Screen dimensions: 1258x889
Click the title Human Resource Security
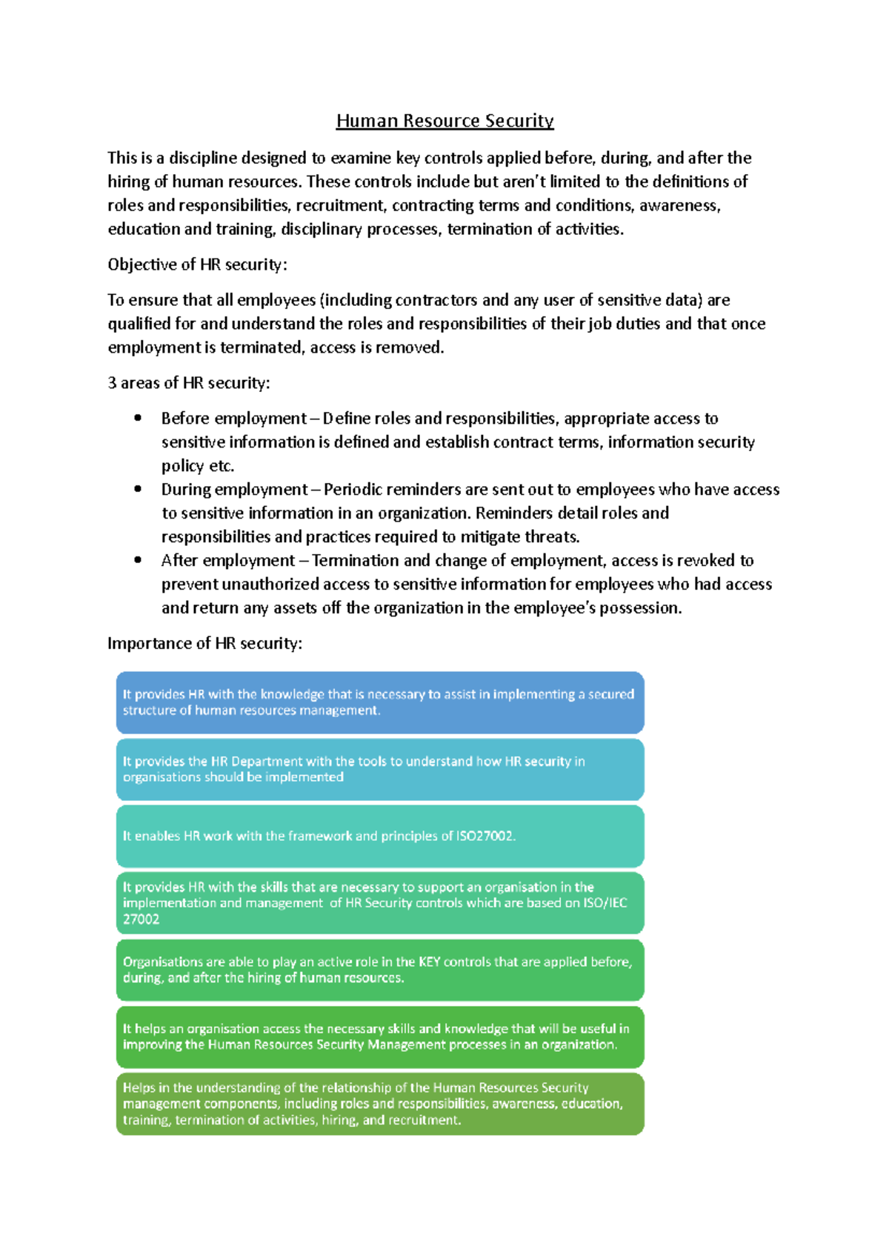[444, 121]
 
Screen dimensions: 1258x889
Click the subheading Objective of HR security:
[197, 264]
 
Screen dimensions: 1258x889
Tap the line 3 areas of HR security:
[188, 383]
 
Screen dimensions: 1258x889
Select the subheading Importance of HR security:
[204, 643]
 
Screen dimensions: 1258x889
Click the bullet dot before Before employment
[138, 418]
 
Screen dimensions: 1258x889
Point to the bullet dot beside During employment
[138, 489]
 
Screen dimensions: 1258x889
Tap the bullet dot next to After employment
[138, 560]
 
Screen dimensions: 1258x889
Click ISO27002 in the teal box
[485, 836]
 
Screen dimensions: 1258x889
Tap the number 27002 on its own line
[141, 919]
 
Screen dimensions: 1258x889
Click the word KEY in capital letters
[429, 962]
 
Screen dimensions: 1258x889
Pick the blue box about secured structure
[379, 702]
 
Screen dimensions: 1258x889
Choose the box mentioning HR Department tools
[379, 769]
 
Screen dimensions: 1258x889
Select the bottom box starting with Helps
[379, 1104]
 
